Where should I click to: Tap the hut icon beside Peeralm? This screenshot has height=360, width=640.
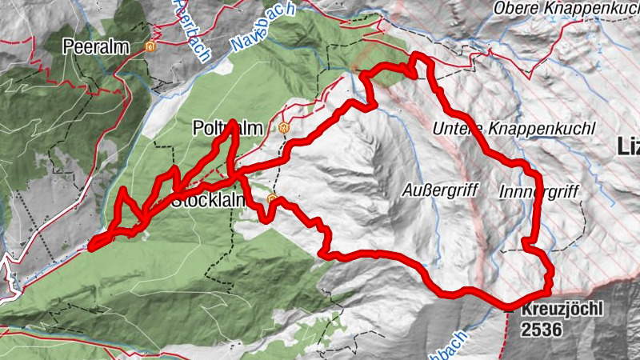coord(150,47)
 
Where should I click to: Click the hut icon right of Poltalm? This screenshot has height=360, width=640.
coord(282,128)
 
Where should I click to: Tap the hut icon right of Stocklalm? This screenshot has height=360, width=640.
coord(272,198)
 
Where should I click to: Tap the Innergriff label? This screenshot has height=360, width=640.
coord(538,193)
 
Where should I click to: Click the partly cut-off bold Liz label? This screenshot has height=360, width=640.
coord(629,146)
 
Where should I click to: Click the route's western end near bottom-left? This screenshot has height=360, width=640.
coord(91,246)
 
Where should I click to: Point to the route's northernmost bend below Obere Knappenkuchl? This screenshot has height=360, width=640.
coord(418,57)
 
